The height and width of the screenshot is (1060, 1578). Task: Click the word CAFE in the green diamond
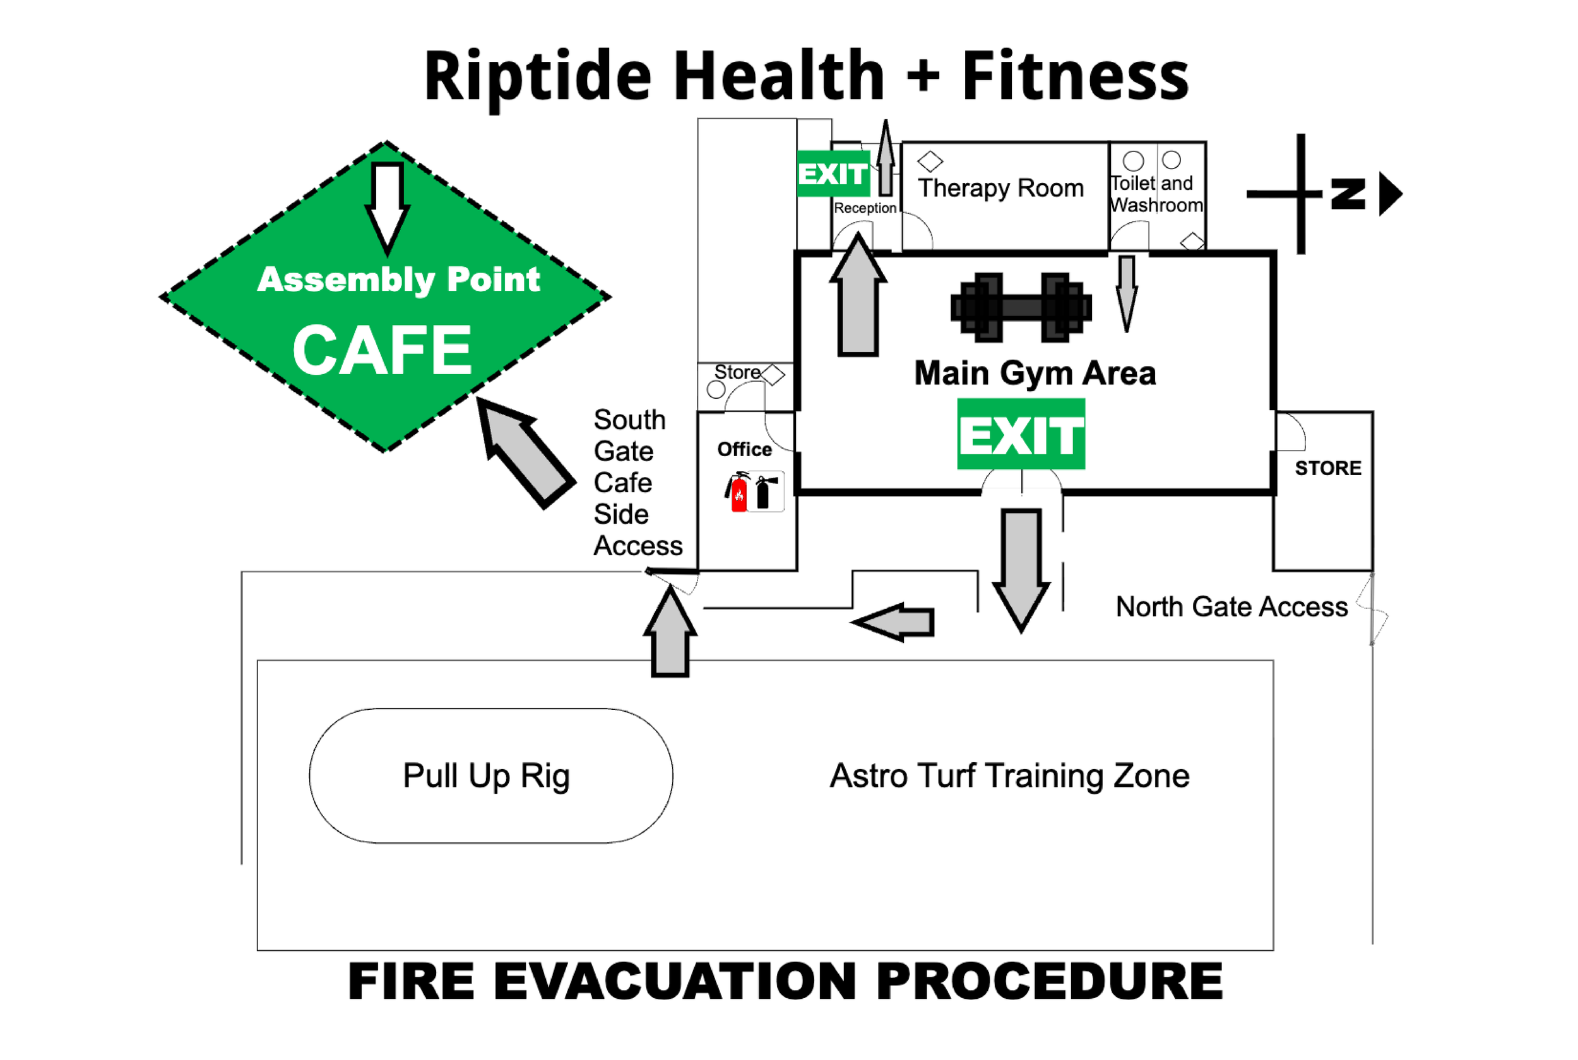(382, 350)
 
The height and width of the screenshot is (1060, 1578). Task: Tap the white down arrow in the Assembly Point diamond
(388, 203)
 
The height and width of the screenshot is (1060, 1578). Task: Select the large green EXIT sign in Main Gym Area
(1021, 434)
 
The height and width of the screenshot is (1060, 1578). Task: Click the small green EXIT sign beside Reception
(833, 174)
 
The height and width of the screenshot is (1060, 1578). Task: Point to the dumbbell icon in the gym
(1021, 308)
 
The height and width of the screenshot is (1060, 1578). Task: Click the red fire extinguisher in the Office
(739, 492)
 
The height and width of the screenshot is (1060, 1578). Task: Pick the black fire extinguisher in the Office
(764, 492)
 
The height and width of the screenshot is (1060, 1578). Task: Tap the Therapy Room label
(1000, 188)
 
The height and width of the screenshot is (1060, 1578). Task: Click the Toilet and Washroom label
(1156, 194)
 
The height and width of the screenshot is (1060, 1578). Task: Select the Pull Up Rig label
(486, 775)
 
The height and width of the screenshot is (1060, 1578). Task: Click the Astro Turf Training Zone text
(1009, 775)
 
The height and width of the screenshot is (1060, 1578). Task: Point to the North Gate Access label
(1231, 606)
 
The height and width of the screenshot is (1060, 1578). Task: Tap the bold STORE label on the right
(1328, 468)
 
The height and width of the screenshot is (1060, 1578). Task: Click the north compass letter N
(1348, 194)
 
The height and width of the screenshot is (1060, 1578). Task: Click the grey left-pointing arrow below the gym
(896, 621)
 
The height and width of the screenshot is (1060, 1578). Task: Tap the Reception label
(865, 208)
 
